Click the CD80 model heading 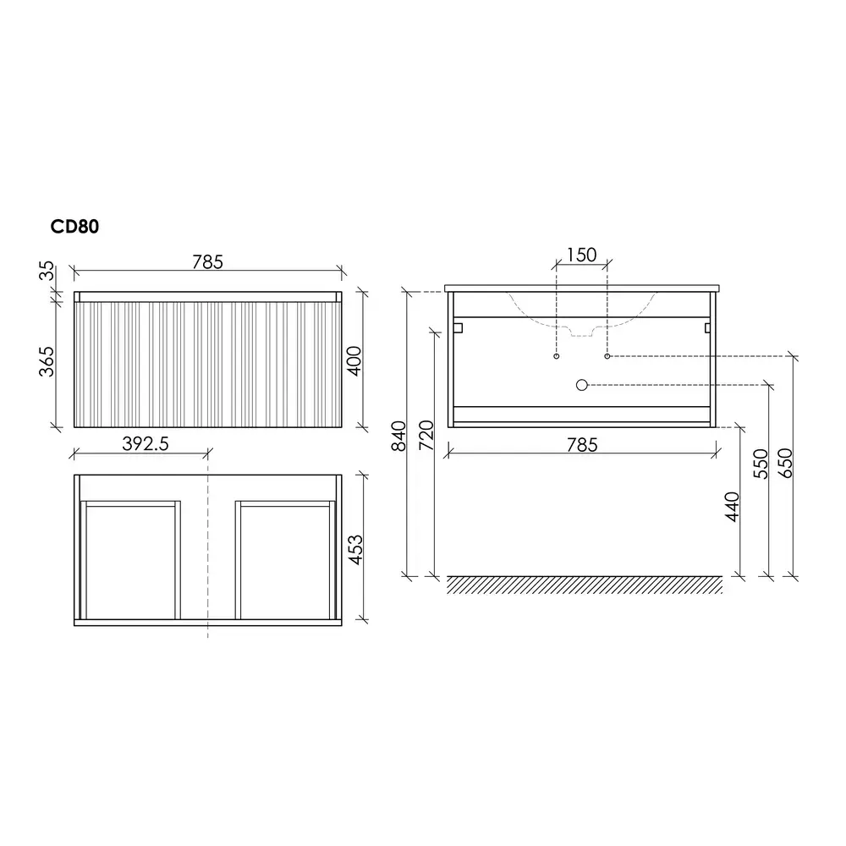pos(74,227)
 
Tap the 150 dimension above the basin pos(582,255)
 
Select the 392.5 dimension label pos(146,443)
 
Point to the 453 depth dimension pos(355,550)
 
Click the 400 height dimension pos(354,361)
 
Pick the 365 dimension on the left pos(47,361)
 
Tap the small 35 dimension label pos(47,271)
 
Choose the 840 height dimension pos(398,436)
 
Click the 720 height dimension pos(426,435)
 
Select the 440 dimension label pos(732,507)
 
